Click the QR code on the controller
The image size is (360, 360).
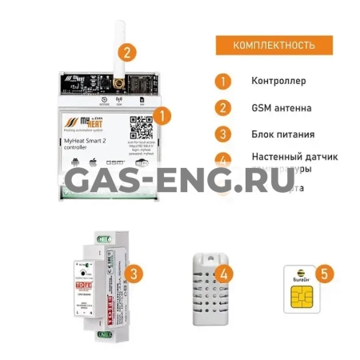tap(141, 126)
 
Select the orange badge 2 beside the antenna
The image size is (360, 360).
tap(126, 53)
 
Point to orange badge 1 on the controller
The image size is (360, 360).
tap(162, 114)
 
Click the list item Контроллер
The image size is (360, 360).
tap(278, 81)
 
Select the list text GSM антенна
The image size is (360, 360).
tap(282, 107)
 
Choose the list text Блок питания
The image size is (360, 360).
tap(282, 134)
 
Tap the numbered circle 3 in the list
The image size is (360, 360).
tap(223, 134)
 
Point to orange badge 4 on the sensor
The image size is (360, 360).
tap(228, 274)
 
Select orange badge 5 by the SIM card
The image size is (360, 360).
tap(322, 274)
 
